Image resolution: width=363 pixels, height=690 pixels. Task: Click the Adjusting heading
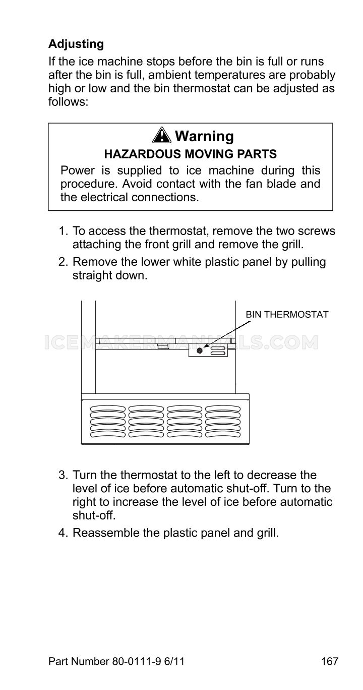(76, 44)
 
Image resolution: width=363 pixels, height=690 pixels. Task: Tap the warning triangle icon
(162, 135)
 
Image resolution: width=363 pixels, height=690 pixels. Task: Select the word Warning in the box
(204, 136)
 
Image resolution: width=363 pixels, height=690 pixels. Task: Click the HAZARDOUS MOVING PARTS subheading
(190, 154)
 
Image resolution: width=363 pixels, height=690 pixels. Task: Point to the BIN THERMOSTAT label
(287, 315)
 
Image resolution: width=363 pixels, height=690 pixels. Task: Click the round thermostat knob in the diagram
(200, 350)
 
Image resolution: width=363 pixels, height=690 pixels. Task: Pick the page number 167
(329, 661)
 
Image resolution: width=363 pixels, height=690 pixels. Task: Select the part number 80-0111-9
(137, 661)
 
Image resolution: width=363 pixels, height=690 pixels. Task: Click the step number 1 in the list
(63, 231)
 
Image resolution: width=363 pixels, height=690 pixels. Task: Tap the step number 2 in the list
(63, 262)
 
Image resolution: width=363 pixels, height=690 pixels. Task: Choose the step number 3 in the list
(63, 475)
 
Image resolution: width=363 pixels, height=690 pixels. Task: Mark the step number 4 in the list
(63, 533)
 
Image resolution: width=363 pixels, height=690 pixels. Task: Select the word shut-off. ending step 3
(94, 515)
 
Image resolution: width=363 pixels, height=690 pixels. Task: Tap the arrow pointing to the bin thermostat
(227, 334)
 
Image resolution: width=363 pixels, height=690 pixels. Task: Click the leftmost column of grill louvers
(108, 421)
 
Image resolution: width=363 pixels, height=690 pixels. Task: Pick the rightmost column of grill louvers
(223, 421)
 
